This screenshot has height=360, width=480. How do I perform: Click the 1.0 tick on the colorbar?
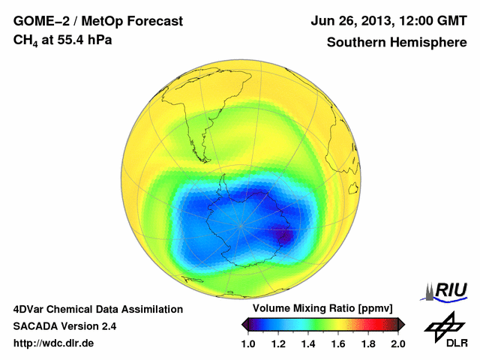pyautogui.click(x=248, y=343)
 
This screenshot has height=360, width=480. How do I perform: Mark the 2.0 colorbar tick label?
pyautogui.click(x=397, y=343)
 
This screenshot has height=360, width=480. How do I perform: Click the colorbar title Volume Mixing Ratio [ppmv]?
pyautogui.click(x=323, y=308)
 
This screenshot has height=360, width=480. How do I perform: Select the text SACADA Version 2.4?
pyautogui.click(x=64, y=326)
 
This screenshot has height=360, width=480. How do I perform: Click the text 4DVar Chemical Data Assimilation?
pyautogui.click(x=98, y=309)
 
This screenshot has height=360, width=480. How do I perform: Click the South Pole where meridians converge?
pyautogui.click(x=241, y=225)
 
